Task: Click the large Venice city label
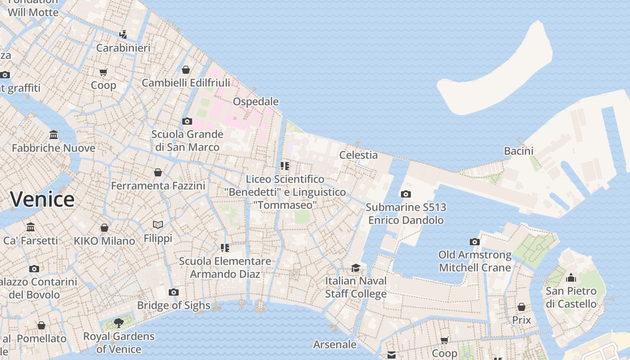(42, 199)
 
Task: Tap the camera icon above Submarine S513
(405, 194)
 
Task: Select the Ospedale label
(256, 102)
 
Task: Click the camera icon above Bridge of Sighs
(173, 292)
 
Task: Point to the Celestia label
(358, 155)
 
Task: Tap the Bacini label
(518, 151)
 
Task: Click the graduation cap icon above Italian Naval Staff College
(355, 268)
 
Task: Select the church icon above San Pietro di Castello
(571, 277)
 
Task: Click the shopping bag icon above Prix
(521, 307)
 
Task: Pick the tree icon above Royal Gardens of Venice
(119, 323)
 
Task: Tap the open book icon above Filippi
(157, 225)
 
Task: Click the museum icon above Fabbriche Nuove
(54, 135)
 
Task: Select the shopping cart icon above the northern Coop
(103, 72)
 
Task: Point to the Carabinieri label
(123, 48)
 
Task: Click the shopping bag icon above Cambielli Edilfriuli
(185, 70)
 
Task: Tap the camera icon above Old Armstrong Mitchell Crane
(474, 242)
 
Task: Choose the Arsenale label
(334, 345)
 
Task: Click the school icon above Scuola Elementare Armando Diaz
(225, 247)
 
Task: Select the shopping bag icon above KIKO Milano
(104, 228)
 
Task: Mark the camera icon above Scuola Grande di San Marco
(187, 121)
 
